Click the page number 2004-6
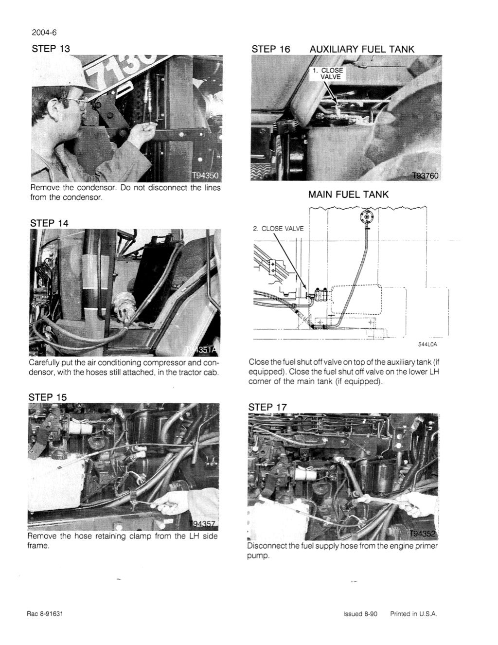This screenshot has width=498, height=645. coord(44,33)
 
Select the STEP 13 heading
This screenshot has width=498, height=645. coord(51,49)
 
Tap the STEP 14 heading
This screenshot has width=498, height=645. coord(49,223)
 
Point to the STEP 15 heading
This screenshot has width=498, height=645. coord(48,397)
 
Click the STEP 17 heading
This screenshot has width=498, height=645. coord(268,407)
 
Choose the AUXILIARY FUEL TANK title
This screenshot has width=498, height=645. coord(362,49)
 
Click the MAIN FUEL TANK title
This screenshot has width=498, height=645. coord(348,195)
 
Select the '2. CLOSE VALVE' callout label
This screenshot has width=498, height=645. coord(279,229)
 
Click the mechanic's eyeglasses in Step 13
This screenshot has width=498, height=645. coord(76,102)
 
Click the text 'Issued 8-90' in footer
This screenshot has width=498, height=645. coord(360,614)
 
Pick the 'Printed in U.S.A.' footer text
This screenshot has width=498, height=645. coord(414,614)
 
